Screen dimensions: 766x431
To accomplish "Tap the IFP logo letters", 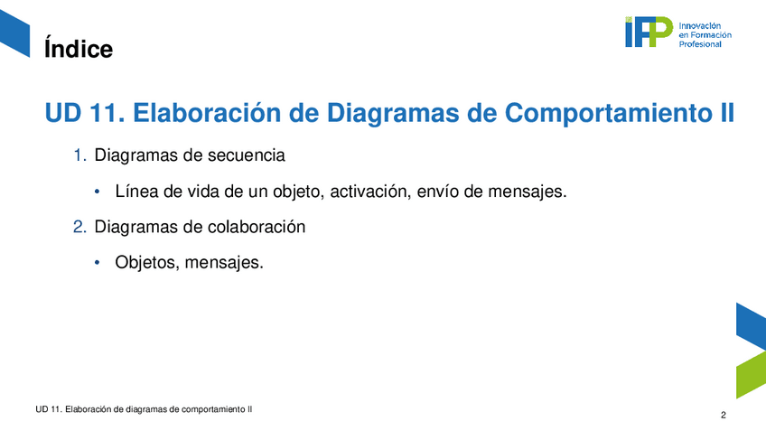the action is (x=649, y=32).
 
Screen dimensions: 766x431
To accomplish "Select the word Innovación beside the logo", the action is (x=699, y=26).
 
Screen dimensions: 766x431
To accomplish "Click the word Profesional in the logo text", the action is (x=700, y=44).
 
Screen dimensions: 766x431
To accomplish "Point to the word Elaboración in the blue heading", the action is (x=207, y=112).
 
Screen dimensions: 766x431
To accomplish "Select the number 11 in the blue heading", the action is (x=107, y=113).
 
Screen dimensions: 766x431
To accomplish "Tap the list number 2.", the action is (x=79, y=227).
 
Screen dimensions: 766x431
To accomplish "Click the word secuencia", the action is (x=247, y=155).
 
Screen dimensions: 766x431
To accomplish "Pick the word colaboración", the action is (x=257, y=227).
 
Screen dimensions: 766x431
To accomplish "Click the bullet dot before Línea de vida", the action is (x=98, y=192).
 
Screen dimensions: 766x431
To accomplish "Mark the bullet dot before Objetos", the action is (x=98, y=263).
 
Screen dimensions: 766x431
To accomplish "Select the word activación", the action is (x=370, y=191).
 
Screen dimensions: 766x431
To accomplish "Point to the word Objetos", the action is (x=147, y=262).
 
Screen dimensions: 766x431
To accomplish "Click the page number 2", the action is (x=724, y=416).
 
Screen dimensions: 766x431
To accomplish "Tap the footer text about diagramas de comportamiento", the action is (x=144, y=409).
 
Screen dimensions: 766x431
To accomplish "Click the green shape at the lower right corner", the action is (x=751, y=375).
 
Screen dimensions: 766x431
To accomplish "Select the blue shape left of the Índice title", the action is (x=14, y=33).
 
